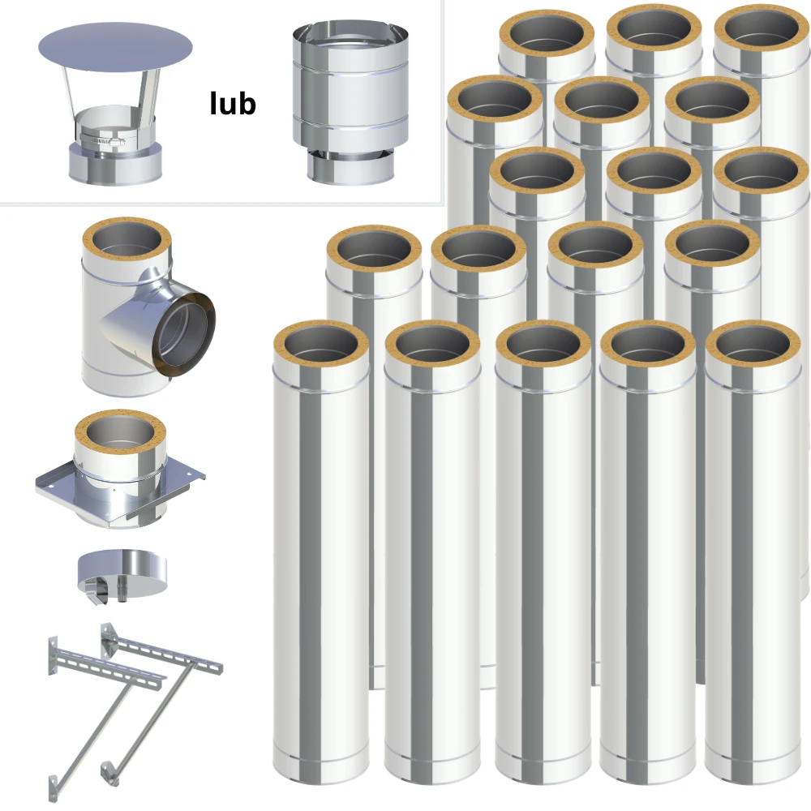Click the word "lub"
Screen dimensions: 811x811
point(233,104)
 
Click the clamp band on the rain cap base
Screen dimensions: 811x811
point(102,139)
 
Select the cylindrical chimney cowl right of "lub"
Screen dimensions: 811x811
point(350,103)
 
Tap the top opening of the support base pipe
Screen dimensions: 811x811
point(120,434)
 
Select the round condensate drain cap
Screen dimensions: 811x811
point(122,572)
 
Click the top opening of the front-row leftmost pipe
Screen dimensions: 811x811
point(321,345)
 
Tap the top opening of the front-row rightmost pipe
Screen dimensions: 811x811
point(753,345)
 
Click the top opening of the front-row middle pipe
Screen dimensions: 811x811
point(543,345)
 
